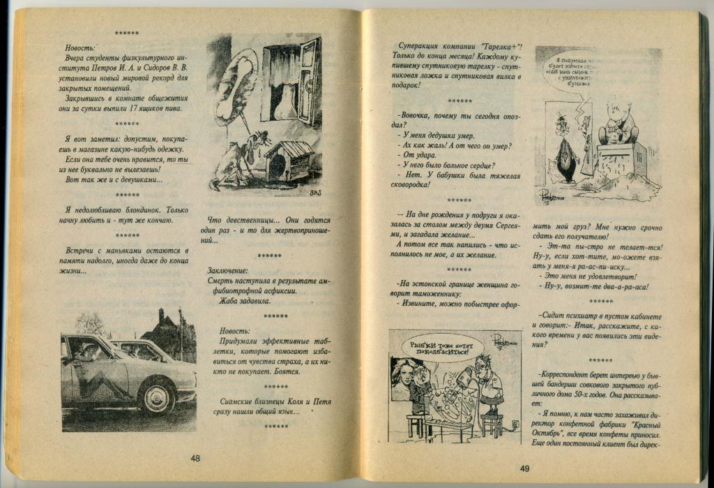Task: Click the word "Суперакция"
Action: point(419,44)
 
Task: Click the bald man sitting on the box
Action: point(618,124)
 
